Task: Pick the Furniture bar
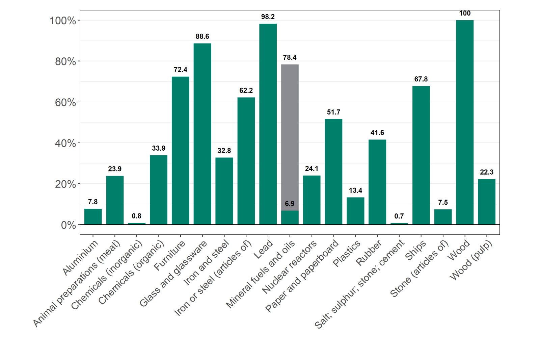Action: pos(180,150)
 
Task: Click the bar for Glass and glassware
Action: pos(202,134)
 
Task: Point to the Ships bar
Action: pos(421,155)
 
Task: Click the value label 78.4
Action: pos(290,57)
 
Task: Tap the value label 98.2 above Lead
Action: pos(268,17)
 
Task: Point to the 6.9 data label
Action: pos(290,204)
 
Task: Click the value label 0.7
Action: pos(399,216)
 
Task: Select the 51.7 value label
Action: pos(333,112)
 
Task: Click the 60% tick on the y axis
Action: pos(65,102)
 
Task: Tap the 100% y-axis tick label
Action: pos(63,21)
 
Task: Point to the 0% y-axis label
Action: pos(69,225)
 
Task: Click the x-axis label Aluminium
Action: pos(81,257)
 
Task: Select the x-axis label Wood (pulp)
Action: pos(471,260)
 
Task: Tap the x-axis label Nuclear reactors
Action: pos(289,267)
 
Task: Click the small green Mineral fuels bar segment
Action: pos(290,217)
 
